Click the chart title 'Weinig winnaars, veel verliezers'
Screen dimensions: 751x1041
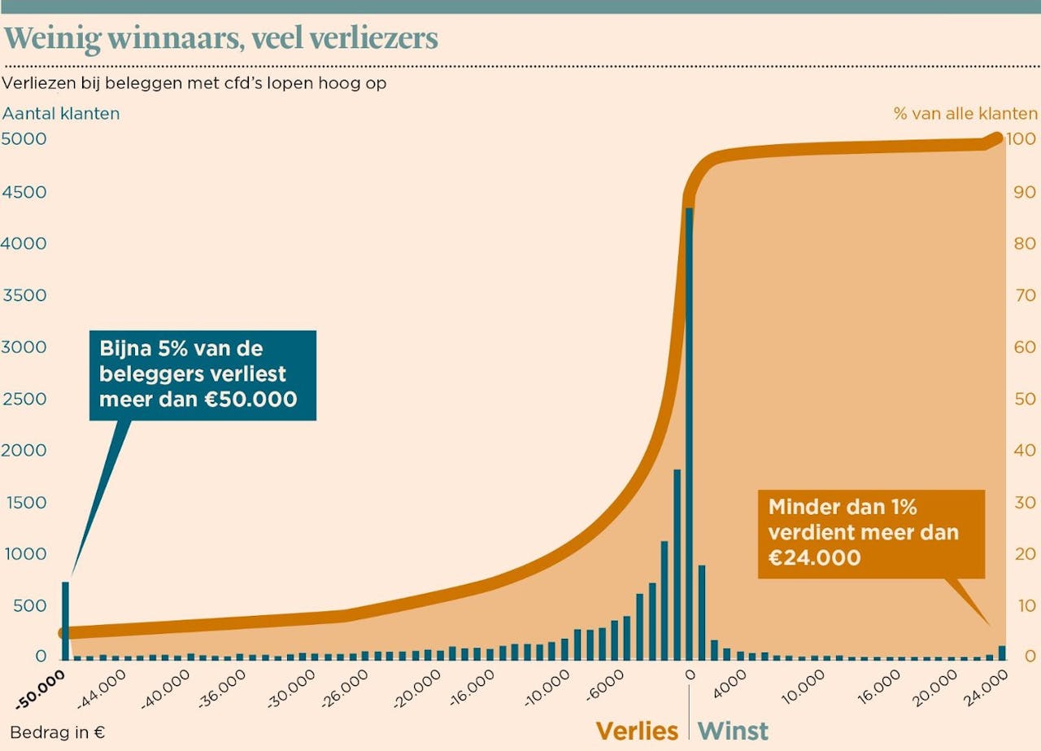(221, 38)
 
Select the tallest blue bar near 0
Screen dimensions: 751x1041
(689, 431)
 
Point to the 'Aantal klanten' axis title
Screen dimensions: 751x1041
(61, 113)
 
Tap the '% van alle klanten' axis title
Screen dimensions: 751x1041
(965, 113)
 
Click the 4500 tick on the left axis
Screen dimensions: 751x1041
(24, 192)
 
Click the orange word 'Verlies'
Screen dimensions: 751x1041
(637, 731)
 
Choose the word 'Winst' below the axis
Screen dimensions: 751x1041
(733, 731)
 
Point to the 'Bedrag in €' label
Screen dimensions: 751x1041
(58, 732)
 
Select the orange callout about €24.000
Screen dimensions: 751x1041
(870, 533)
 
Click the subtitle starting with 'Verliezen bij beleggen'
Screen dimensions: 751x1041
(194, 83)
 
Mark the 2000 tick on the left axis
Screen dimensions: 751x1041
(24, 450)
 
